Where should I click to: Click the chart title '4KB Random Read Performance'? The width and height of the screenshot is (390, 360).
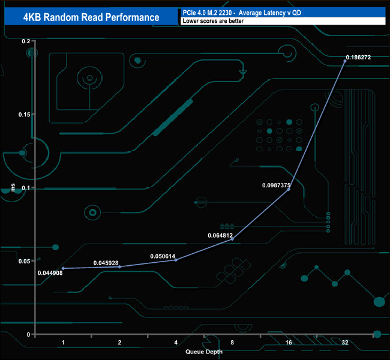(91, 17)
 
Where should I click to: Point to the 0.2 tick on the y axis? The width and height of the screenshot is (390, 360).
(26, 41)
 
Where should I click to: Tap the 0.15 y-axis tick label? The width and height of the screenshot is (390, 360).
(23, 114)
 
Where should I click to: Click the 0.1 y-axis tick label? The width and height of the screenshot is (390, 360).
(26, 188)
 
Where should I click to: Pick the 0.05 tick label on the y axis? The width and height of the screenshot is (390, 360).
(23, 261)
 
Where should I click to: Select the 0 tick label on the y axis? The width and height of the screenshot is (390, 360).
(28, 334)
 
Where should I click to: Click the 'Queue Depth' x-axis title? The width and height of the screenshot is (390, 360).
(204, 352)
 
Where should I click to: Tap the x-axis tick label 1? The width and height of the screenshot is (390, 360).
(63, 343)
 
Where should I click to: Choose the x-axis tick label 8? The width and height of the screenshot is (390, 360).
(232, 343)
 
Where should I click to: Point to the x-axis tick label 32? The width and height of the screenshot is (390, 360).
(344, 343)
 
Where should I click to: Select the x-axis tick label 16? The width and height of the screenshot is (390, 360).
(289, 343)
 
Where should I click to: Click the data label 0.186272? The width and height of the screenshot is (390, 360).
(358, 58)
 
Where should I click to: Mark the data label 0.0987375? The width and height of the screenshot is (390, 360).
(277, 185)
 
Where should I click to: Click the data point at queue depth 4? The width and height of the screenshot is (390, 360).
(176, 260)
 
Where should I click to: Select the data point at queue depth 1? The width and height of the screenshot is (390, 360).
(63, 268)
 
